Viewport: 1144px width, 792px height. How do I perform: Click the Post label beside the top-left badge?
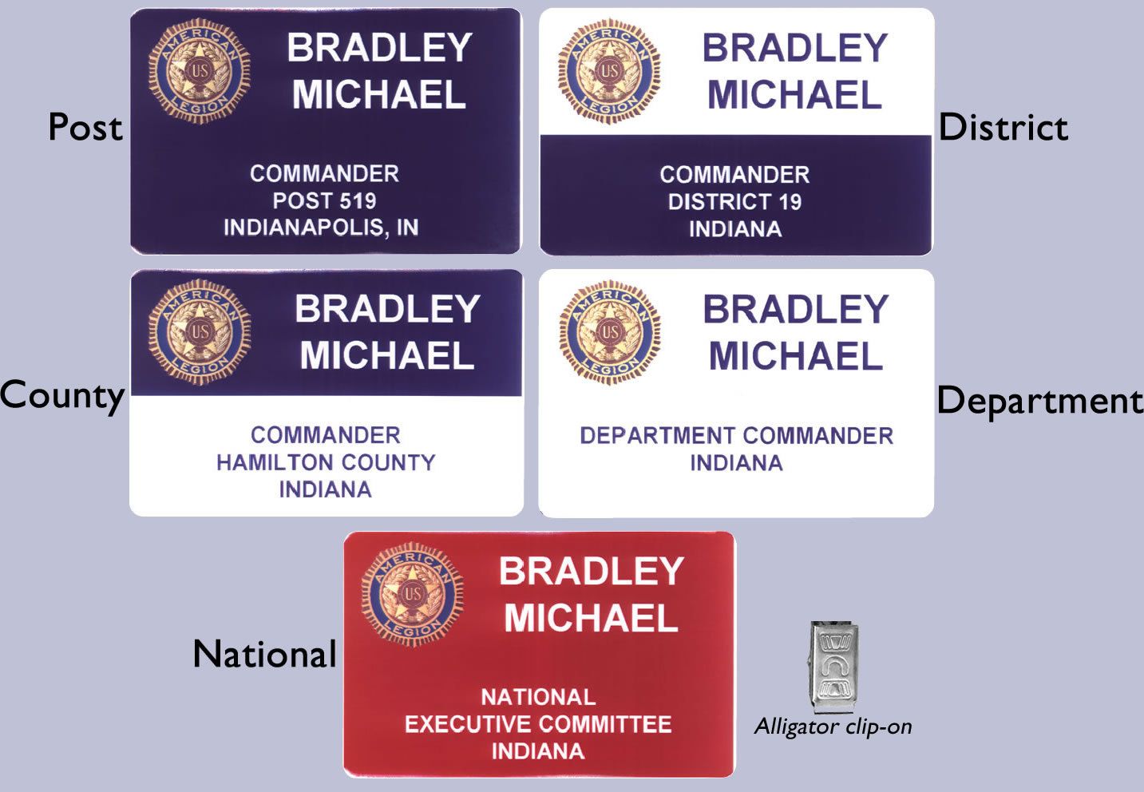click(85, 127)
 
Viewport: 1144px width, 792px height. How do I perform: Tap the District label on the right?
click(1003, 127)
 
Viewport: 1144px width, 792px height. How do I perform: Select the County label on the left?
click(62, 396)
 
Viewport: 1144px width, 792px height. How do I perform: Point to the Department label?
click(1039, 402)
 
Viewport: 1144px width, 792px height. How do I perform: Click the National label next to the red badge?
click(264, 654)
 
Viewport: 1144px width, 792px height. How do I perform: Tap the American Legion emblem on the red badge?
click(413, 594)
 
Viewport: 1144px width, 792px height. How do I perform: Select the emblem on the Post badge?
click(200, 71)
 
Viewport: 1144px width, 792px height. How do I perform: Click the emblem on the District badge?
click(609, 71)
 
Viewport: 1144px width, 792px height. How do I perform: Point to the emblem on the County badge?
click(200, 332)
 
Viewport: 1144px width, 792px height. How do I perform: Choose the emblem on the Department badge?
click(610, 332)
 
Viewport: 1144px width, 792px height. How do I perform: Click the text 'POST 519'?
click(324, 200)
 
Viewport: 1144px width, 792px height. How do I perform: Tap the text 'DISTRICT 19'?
click(735, 202)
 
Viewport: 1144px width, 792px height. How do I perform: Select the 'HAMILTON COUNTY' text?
click(326, 462)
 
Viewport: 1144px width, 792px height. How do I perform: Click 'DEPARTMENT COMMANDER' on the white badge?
click(736, 436)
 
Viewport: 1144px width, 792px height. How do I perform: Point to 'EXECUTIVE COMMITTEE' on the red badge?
click(538, 724)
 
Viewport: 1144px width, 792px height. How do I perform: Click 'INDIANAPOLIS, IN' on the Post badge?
click(321, 228)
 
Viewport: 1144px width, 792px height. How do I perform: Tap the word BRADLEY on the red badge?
click(592, 571)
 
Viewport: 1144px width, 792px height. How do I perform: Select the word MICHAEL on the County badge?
click(387, 355)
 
